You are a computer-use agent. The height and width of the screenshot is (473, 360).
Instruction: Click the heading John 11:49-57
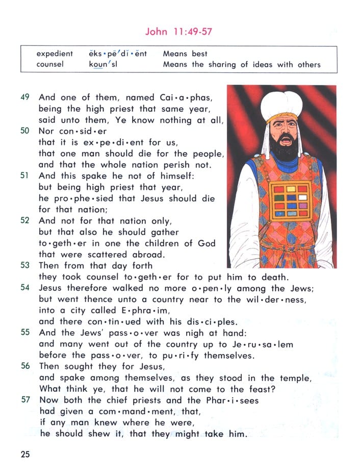[178, 32]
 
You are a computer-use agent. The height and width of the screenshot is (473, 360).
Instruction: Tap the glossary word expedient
[55, 54]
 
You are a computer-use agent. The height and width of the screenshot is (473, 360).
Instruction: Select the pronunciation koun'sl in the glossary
[102, 65]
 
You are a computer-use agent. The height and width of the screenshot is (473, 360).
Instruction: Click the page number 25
[25, 454]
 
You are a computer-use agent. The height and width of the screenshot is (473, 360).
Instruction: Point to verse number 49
[25, 97]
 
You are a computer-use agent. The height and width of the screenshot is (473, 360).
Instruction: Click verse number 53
[25, 265]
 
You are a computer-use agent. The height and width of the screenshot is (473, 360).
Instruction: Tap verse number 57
[25, 400]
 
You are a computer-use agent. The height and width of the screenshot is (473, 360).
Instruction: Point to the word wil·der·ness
[281, 300]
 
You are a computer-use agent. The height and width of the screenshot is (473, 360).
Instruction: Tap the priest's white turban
[281, 105]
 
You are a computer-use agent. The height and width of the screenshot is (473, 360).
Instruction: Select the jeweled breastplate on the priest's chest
[291, 201]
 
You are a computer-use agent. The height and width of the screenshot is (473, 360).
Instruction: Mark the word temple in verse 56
[293, 378]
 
